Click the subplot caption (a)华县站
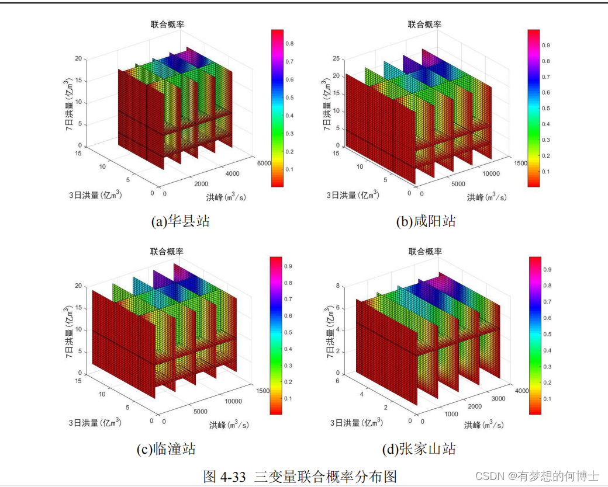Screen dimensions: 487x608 point(179,221)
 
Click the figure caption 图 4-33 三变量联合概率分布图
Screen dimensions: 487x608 point(300,476)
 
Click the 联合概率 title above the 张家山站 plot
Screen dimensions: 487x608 point(425,251)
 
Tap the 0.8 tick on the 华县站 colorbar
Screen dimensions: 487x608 point(289,44)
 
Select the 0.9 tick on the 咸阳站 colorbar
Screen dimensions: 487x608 point(545,44)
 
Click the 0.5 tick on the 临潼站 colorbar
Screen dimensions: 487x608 point(288,332)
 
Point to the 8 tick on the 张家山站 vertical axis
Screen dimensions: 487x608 point(338,286)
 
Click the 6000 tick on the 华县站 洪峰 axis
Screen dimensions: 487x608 point(262,164)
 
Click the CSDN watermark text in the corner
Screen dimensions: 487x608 point(537,476)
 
